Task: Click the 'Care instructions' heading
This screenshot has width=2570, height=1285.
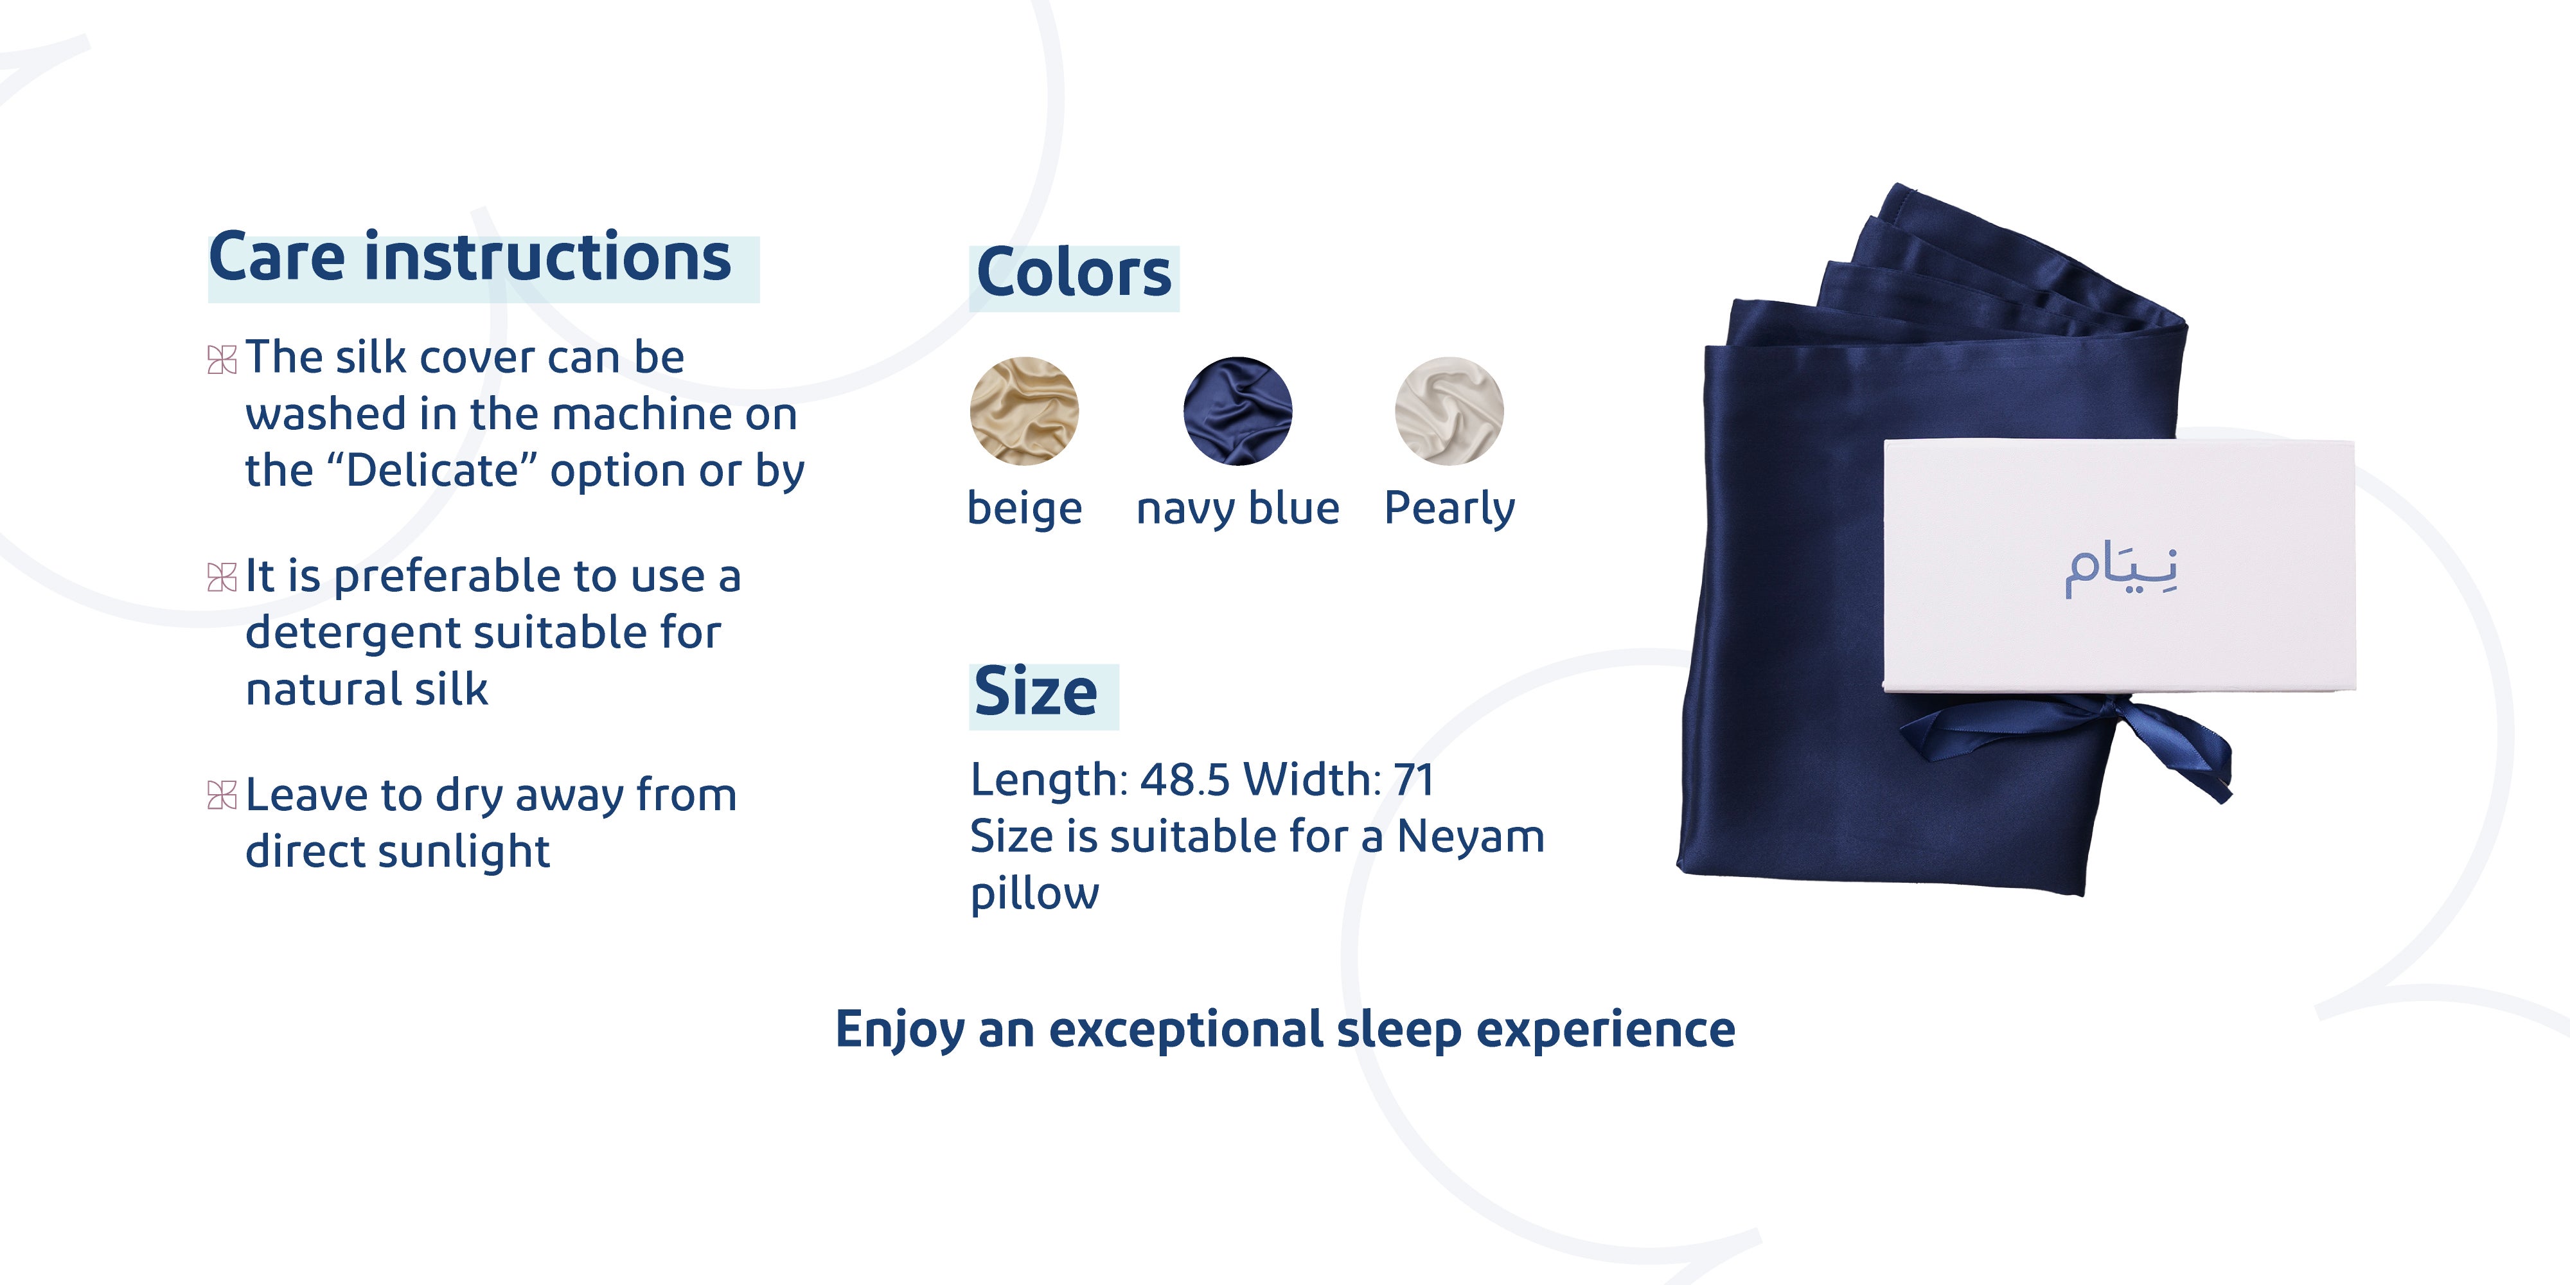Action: click(x=470, y=258)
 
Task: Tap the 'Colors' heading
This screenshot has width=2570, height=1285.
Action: click(x=1074, y=272)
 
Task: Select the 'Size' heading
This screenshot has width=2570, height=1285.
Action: click(x=1036, y=691)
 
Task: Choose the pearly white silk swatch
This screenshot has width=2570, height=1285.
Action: click(x=1449, y=411)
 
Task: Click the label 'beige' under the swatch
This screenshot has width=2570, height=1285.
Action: click(x=1025, y=509)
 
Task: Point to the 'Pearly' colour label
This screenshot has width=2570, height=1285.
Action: click(x=1449, y=509)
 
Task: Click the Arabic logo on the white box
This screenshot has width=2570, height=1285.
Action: click(x=2121, y=570)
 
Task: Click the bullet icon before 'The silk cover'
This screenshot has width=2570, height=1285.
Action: click(x=222, y=359)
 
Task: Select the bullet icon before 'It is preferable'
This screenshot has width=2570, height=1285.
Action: click(x=222, y=577)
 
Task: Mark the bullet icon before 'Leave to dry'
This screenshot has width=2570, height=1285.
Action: click(x=222, y=795)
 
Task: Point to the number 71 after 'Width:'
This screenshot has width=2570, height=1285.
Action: click(x=1413, y=780)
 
